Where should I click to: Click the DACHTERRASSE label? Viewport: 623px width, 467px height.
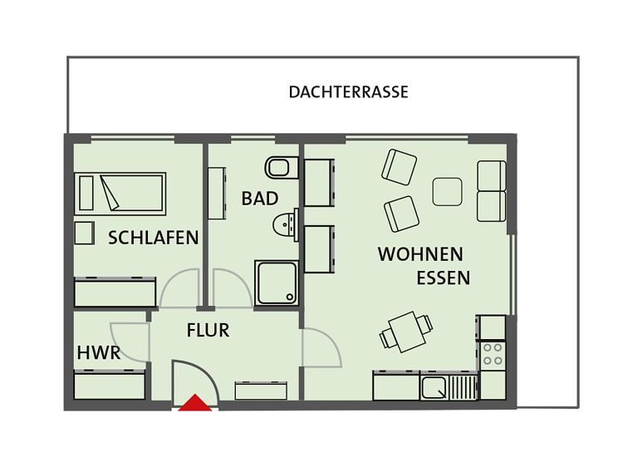point(348,92)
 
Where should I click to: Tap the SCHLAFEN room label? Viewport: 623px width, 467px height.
point(154,238)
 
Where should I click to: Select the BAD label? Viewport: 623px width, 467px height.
point(260,199)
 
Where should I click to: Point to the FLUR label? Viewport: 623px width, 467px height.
point(208,330)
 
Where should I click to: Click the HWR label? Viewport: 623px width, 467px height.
point(99,352)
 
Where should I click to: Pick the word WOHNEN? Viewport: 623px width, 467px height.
point(420,254)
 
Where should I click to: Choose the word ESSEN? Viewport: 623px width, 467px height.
point(444,278)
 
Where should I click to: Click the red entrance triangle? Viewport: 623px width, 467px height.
point(195,403)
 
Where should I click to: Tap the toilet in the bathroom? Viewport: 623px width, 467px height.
point(282,168)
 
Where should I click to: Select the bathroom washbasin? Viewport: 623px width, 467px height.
point(285,225)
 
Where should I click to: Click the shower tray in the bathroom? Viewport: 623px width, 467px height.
point(276,283)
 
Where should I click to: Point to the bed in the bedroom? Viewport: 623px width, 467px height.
point(120,194)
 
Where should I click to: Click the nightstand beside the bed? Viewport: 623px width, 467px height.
point(84,233)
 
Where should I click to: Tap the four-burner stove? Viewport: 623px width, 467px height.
point(493,355)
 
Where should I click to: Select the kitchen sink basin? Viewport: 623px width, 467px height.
point(434,388)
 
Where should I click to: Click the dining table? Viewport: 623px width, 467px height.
point(407,332)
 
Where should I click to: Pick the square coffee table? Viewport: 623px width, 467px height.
point(447,192)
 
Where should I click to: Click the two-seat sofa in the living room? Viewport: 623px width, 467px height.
point(492,191)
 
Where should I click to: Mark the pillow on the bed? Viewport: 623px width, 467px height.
point(86,193)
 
